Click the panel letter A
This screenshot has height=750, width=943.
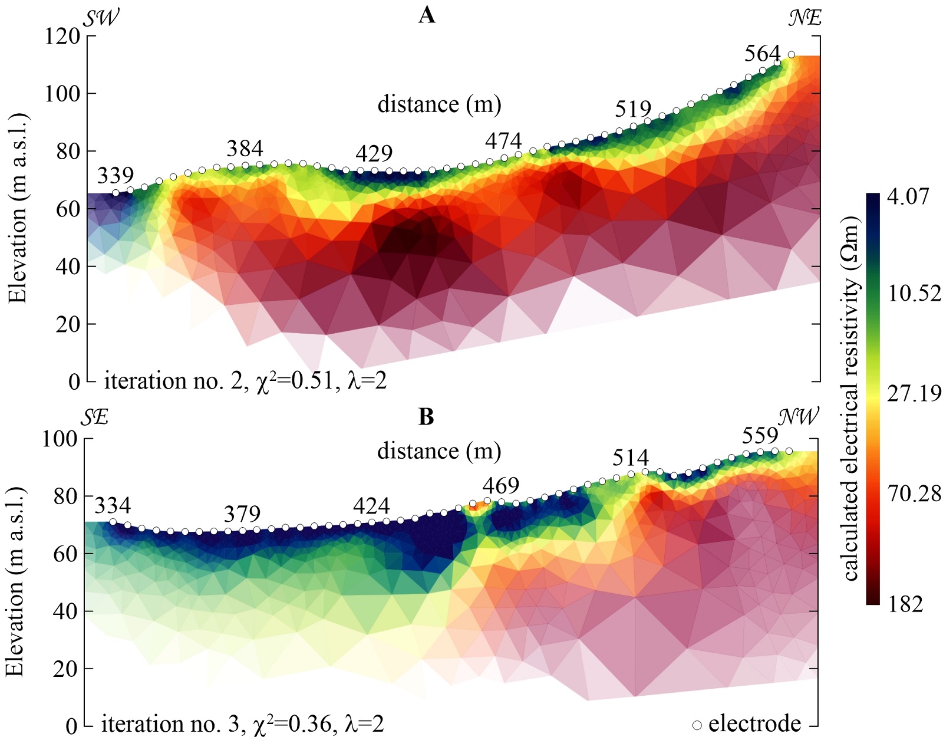(x=427, y=16)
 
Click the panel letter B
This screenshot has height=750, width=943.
(x=426, y=417)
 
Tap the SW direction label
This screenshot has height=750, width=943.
(x=101, y=18)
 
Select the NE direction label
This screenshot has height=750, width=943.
(x=805, y=18)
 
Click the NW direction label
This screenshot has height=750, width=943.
(x=799, y=417)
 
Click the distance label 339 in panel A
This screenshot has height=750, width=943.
(x=116, y=176)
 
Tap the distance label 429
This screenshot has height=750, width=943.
(x=374, y=153)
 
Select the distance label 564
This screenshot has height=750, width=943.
(x=762, y=54)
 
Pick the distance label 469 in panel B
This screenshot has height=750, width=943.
(x=501, y=486)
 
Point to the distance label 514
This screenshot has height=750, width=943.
(x=631, y=458)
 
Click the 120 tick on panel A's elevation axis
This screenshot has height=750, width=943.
(x=62, y=37)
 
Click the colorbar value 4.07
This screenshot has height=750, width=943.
(x=908, y=196)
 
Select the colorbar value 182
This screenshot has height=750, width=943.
(x=906, y=604)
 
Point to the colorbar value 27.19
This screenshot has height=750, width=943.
(x=914, y=393)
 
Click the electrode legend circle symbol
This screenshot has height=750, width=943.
(x=697, y=725)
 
